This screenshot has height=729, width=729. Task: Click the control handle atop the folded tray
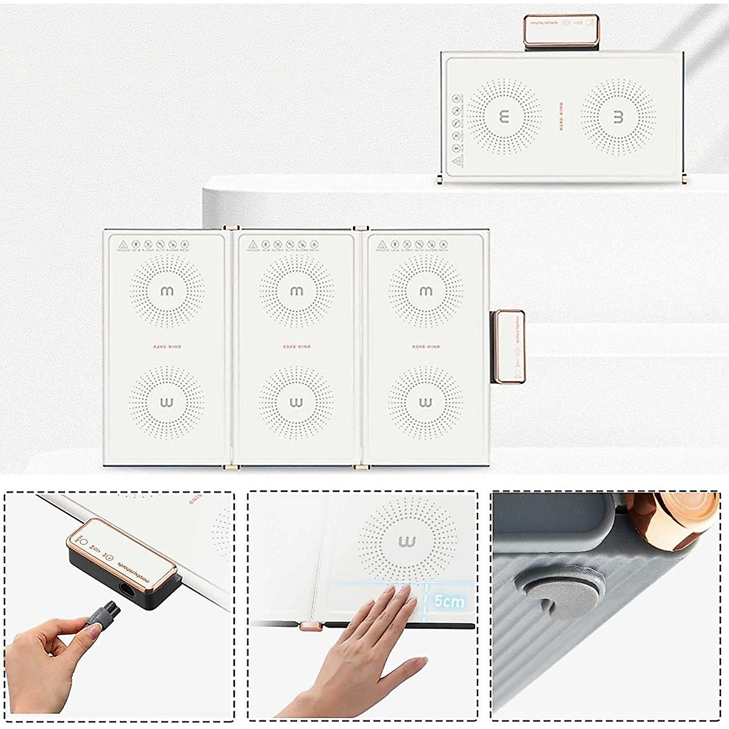[562, 31]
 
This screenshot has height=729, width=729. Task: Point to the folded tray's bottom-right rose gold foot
[685, 179]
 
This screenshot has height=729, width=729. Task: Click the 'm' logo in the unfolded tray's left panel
[166, 292]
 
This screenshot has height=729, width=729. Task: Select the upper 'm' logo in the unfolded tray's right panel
[426, 292]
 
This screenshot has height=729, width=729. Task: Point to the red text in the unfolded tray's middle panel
[296, 347]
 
